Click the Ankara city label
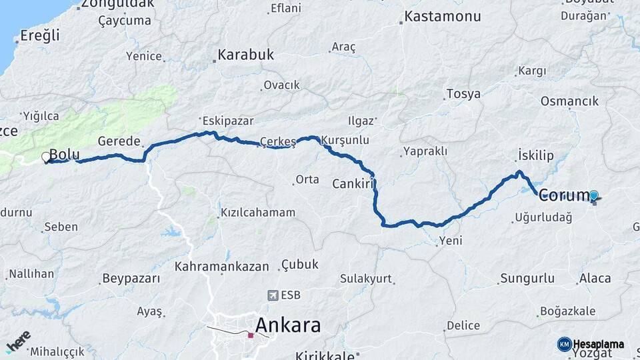tap(287, 325)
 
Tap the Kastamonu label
tap(443, 16)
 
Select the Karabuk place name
tap(245, 55)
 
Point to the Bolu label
tap(65, 155)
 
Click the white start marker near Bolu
tap(46, 158)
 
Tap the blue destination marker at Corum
tap(593, 196)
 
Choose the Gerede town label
tap(119, 141)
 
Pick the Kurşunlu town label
tap(345, 141)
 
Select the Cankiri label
tap(351, 183)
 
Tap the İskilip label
tap(536, 155)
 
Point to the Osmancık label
tap(569, 101)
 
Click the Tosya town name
tap(463, 94)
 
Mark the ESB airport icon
tap(273, 295)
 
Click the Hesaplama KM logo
tap(591, 344)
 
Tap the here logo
tap(18, 342)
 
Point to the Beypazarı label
tap(131, 278)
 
